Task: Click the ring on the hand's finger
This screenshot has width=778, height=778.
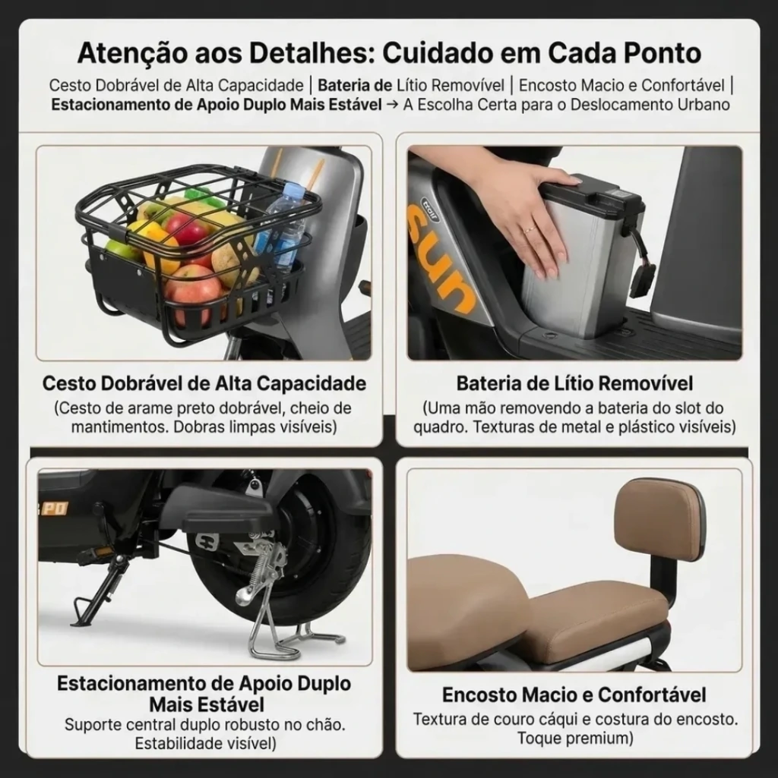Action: (530, 229)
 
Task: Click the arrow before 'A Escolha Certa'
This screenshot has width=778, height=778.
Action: (392, 105)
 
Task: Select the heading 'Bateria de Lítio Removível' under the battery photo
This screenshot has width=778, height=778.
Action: (574, 383)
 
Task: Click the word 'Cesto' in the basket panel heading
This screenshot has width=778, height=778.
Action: (69, 383)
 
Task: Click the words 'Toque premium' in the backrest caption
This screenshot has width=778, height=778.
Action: (575, 739)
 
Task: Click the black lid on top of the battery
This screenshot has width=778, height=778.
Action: (591, 196)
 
